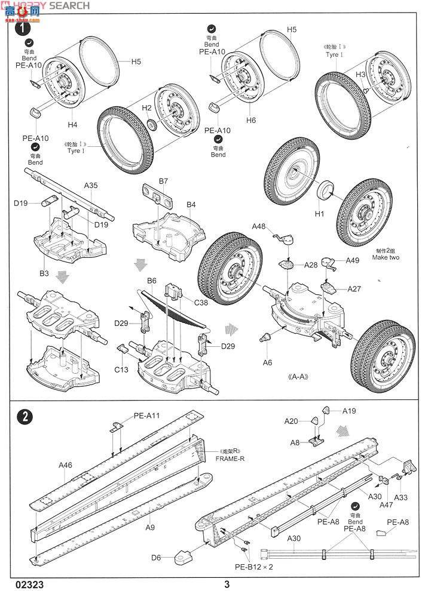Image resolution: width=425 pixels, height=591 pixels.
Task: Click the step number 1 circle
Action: (x=23, y=27)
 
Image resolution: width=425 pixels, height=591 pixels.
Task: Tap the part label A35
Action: (x=91, y=186)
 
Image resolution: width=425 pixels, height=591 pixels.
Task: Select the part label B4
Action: (x=191, y=205)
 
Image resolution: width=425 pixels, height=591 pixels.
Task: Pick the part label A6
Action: (x=267, y=362)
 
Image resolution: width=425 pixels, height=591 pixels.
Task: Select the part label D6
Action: (x=156, y=558)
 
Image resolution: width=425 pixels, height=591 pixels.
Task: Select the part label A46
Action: (x=65, y=464)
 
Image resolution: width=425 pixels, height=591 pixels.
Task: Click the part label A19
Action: (x=349, y=410)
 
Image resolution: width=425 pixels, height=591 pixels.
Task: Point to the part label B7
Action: (x=163, y=180)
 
